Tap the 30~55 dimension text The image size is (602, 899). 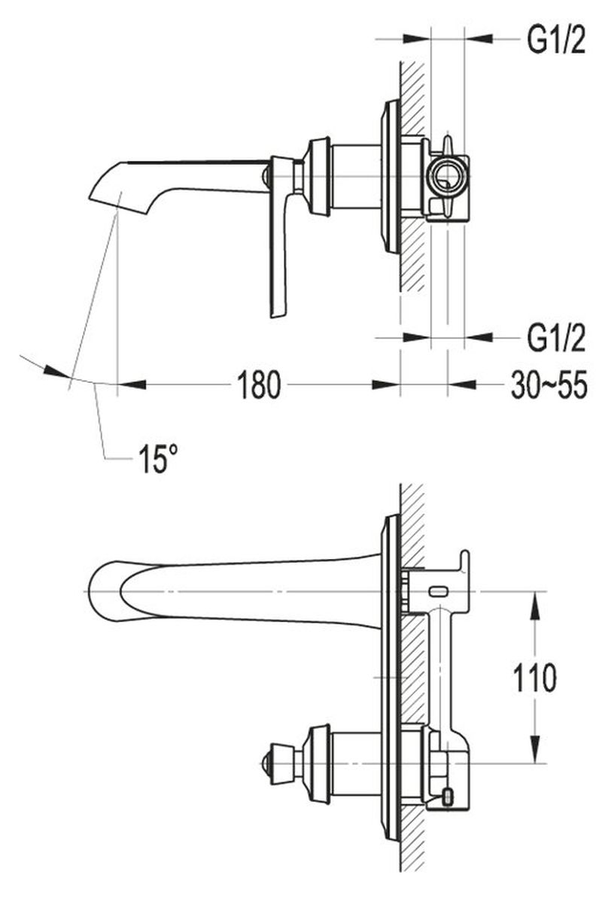549,385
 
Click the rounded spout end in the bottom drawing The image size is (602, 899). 93,591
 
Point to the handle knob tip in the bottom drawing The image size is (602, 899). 263,763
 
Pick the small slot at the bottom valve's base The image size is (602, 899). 450,794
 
